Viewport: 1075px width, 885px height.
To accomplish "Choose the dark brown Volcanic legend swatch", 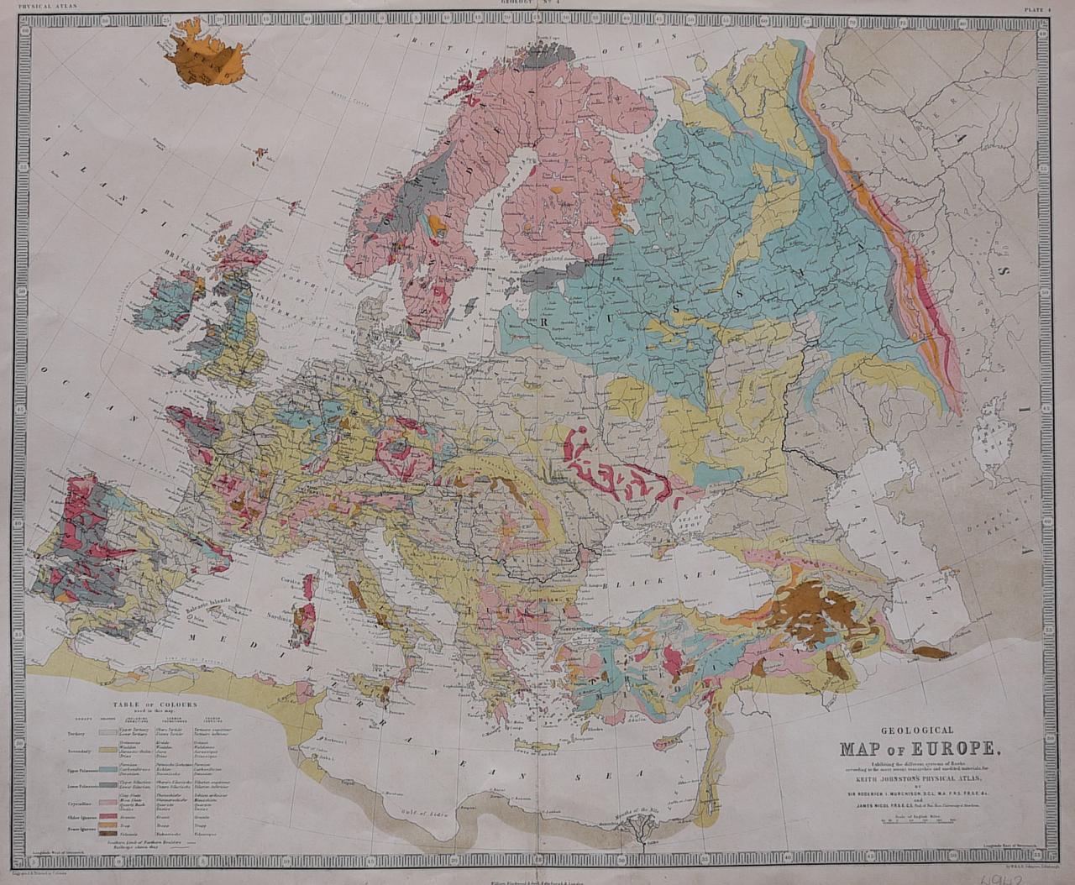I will point(106,833).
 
